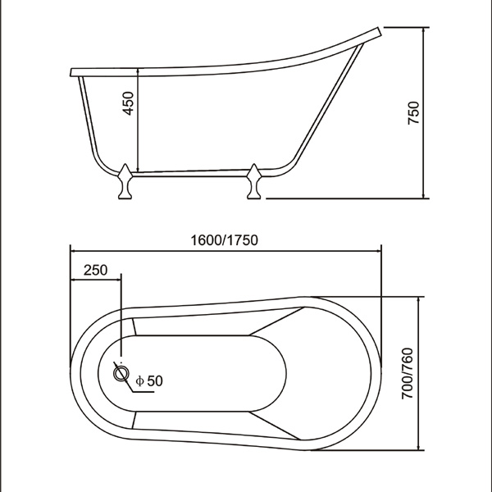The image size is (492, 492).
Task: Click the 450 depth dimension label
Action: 128,103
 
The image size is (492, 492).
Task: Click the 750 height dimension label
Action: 413,113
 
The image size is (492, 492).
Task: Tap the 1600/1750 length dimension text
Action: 225,240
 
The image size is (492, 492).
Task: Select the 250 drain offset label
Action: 95,270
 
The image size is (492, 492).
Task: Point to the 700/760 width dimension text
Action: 408,373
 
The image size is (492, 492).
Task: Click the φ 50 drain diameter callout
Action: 149,381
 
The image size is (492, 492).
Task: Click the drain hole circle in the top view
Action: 121,373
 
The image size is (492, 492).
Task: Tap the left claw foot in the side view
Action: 125,181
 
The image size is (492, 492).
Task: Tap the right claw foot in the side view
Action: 254,181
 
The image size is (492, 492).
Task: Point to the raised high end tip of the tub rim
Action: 380,31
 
